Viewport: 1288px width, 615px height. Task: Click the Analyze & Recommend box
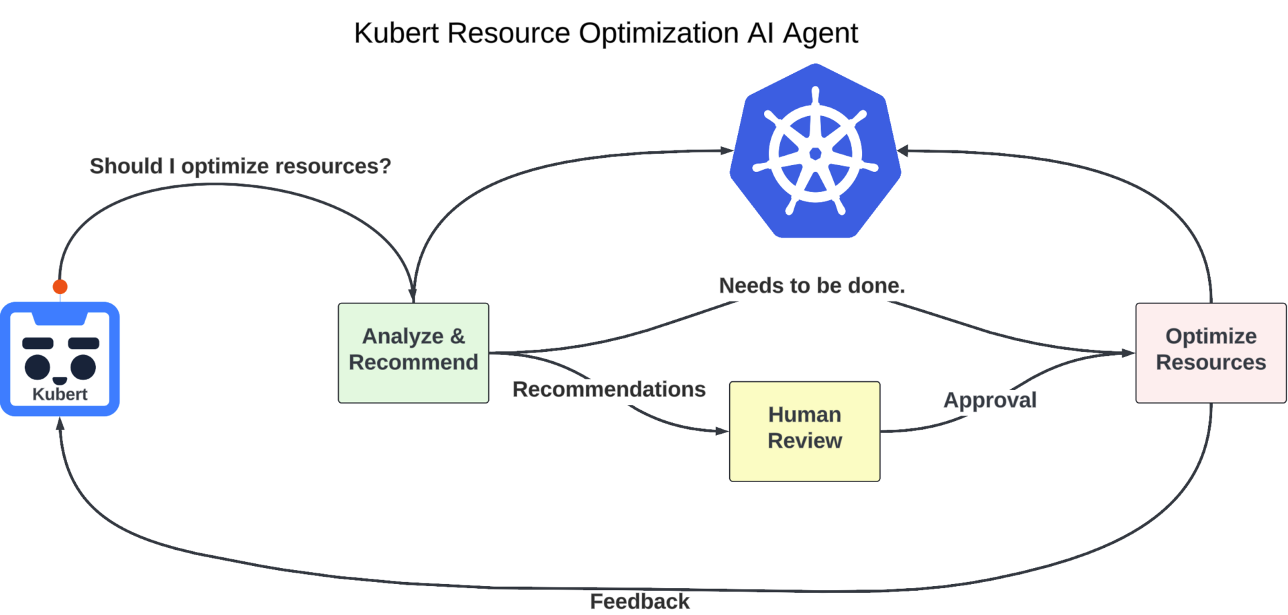[x=413, y=352]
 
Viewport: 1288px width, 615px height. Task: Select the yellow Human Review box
[x=804, y=431]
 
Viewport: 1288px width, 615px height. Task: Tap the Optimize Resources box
[x=1210, y=352]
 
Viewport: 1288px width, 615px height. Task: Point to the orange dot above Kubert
[x=60, y=287]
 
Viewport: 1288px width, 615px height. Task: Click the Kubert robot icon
[x=60, y=359]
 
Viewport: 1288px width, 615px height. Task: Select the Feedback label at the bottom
[x=639, y=601]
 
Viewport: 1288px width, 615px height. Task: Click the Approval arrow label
[x=989, y=400]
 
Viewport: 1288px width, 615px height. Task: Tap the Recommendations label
[x=608, y=389]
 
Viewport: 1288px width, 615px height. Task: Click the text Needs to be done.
[x=812, y=286]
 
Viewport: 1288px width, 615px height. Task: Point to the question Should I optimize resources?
[x=240, y=166]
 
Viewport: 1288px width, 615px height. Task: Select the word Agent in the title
[x=820, y=33]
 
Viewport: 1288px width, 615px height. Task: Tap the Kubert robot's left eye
[x=38, y=367]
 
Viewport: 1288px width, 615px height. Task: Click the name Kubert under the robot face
[x=60, y=394]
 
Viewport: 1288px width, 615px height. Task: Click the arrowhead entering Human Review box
[x=722, y=431]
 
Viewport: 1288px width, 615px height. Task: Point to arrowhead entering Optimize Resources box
[x=1128, y=352]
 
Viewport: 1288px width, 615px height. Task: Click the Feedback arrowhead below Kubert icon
[x=60, y=424]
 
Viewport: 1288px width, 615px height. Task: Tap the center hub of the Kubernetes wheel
[x=815, y=154]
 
